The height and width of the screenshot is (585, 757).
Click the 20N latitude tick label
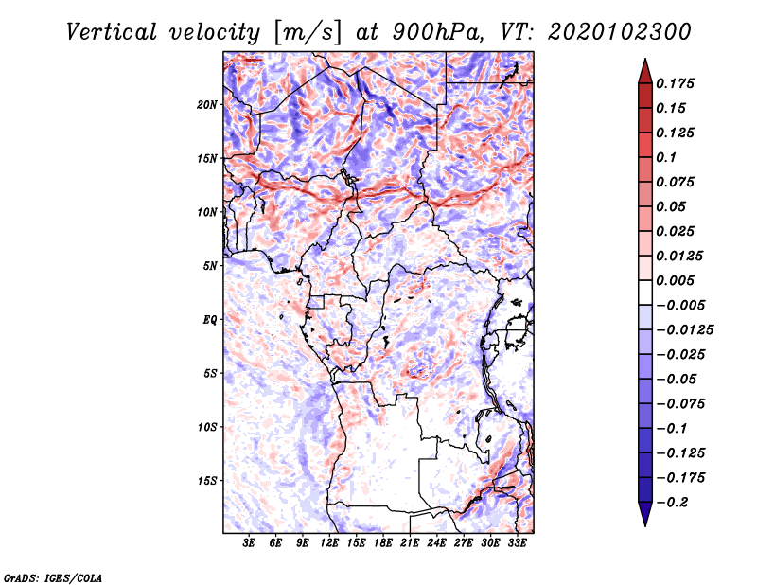[207, 105]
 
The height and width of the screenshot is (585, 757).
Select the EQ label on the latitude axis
[209, 320]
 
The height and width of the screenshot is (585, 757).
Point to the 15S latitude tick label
[207, 481]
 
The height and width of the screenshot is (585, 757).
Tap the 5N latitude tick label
[210, 266]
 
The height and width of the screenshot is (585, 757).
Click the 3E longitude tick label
[249, 542]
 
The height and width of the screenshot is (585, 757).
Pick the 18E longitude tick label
[383, 542]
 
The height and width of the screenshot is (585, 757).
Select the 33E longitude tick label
[517, 542]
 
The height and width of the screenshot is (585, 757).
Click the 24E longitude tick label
[436, 542]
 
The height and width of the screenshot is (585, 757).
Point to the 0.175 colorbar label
[675, 83]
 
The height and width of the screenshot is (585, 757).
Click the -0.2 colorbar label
[670, 503]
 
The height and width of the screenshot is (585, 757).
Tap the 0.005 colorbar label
[675, 280]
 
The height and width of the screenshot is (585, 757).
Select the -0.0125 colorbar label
[684, 330]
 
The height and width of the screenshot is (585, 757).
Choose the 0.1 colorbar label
[666, 157]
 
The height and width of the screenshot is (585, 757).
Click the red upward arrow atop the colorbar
[645, 71]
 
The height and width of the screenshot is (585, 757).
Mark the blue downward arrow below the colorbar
[645, 514]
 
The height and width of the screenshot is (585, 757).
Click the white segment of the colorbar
[645, 292]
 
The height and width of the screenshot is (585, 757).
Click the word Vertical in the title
[112, 32]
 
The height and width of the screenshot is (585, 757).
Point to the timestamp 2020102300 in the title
[620, 32]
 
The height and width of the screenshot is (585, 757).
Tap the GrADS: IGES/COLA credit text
[53, 578]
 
